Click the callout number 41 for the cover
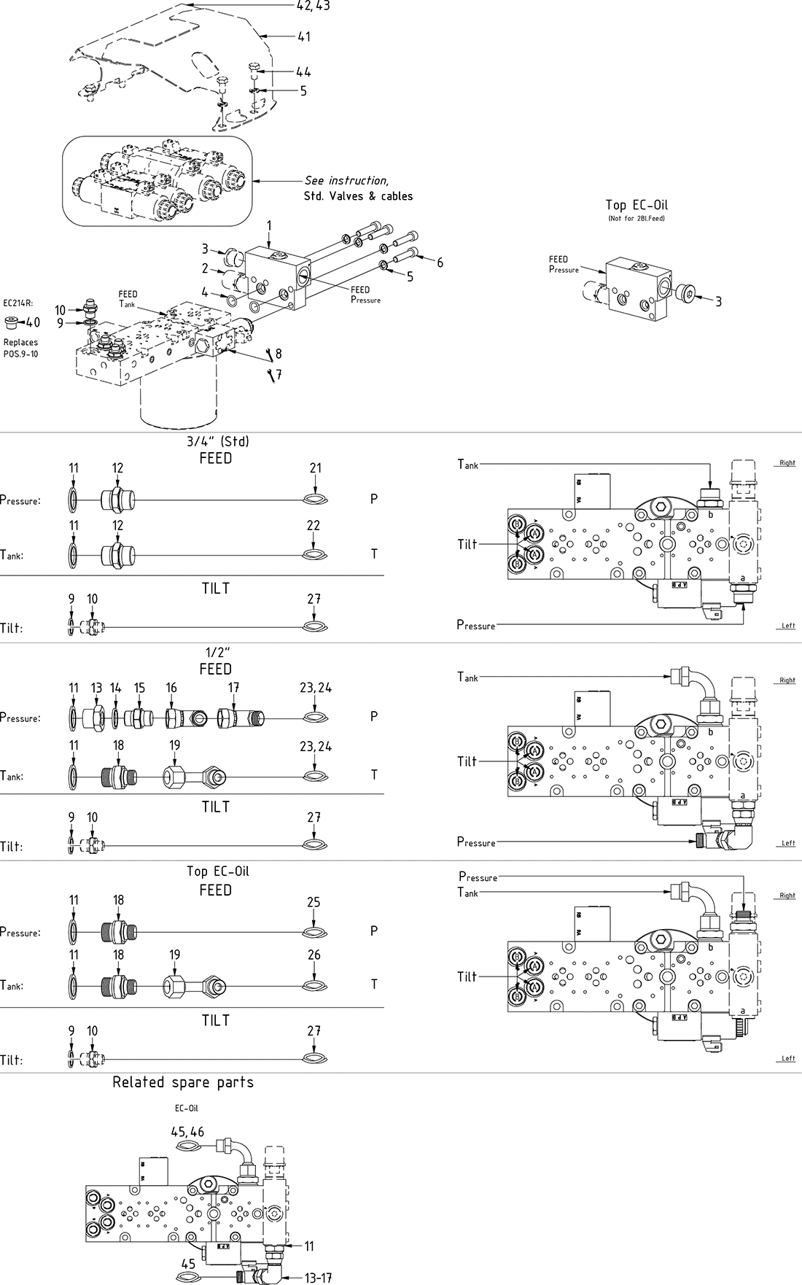tap(303, 36)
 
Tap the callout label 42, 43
tap(313, 6)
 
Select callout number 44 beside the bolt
tap(303, 71)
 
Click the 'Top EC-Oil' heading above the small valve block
tap(636, 205)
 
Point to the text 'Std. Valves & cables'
tap(358, 196)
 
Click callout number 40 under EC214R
tap(33, 322)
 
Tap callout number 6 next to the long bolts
tap(440, 263)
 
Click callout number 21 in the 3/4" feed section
tap(315, 468)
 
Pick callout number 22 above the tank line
tap(314, 526)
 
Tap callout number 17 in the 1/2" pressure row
tap(233, 688)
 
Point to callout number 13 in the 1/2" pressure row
tap(97, 688)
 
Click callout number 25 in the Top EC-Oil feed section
tap(314, 902)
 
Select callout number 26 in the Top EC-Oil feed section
tap(314, 955)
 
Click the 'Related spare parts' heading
tap(183, 1082)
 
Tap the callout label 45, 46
tap(187, 1132)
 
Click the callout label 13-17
tap(318, 1277)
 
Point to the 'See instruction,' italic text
tap(346, 181)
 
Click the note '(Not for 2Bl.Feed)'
tap(636, 218)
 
